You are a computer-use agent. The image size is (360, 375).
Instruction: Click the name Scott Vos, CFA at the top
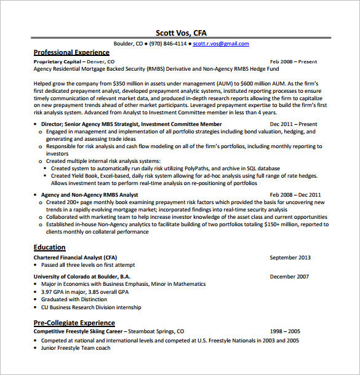pos(181,33)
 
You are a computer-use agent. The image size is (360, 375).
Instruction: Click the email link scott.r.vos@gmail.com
pos(220,44)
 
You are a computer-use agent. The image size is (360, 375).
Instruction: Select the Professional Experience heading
pos(71,53)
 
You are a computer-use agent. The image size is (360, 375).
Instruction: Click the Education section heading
pos(49,247)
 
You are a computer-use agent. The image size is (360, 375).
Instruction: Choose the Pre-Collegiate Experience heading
pos(74,322)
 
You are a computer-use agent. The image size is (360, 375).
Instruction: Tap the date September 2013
pos(290,258)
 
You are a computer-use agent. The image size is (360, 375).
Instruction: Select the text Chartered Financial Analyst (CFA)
pos(75,258)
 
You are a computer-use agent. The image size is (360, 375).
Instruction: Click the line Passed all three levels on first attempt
pos(90,265)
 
